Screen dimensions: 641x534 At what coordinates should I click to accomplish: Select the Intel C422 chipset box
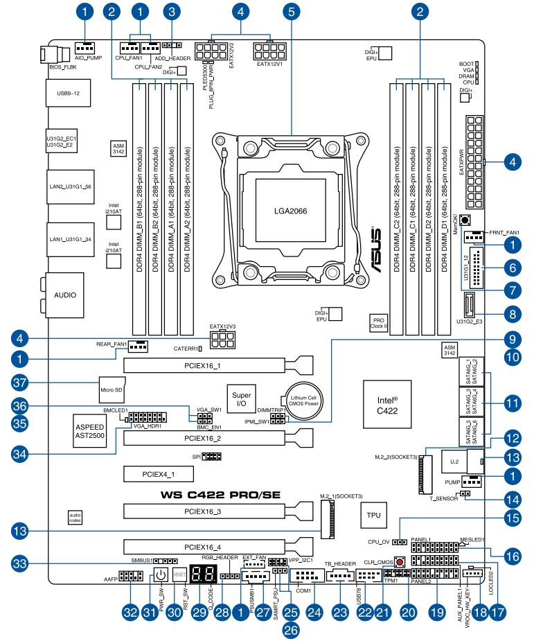pyautogui.click(x=386, y=405)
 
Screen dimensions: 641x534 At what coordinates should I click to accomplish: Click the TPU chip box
pyautogui.click(x=373, y=516)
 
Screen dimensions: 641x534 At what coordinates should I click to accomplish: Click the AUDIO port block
pyautogui.click(x=65, y=295)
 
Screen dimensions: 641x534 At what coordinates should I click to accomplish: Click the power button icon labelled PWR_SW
pyautogui.click(x=160, y=574)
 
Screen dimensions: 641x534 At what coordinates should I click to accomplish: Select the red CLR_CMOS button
pyautogui.click(x=400, y=560)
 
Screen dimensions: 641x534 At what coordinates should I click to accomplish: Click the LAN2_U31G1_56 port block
pyautogui.click(x=69, y=187)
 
